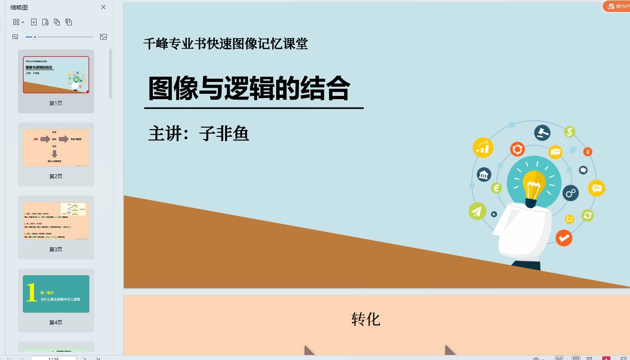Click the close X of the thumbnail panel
point(103,7)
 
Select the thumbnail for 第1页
point(56,75)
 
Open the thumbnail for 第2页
point(56,148)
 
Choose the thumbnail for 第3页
point(56,221)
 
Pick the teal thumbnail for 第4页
point(56,294)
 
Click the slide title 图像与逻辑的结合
point(249,88)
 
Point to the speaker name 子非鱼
point(224,134)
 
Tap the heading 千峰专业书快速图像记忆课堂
point(226,44)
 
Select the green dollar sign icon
point(569,132)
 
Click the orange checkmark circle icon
point(564,238)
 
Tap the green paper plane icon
point(477,211)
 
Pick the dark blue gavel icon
point(542,133)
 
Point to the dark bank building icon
point(484,175)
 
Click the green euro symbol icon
point(496,188)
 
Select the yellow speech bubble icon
point(596,189)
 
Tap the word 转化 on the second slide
point(365,319)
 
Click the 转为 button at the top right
point(618,6)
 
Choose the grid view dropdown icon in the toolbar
point(18,22)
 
